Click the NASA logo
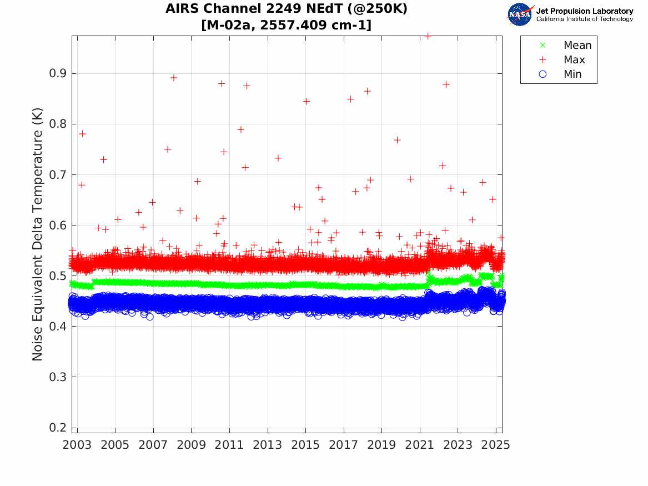(x=520, y=14)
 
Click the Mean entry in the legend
(x=577, y=46)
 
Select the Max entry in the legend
(x=574, y=60)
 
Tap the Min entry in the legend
(x=572, y=74)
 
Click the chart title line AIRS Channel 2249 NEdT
(x=287, y=9)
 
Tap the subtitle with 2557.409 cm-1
(x=287, y=25)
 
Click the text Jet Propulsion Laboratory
(x=584, y=11)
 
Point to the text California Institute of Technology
(x=584, y=19)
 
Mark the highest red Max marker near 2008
(x=174, y=78)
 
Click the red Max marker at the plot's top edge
(x=428, y=36)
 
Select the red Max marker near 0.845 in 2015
(x=306, y=101)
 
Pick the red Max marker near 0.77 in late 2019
(x=398, y=140)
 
